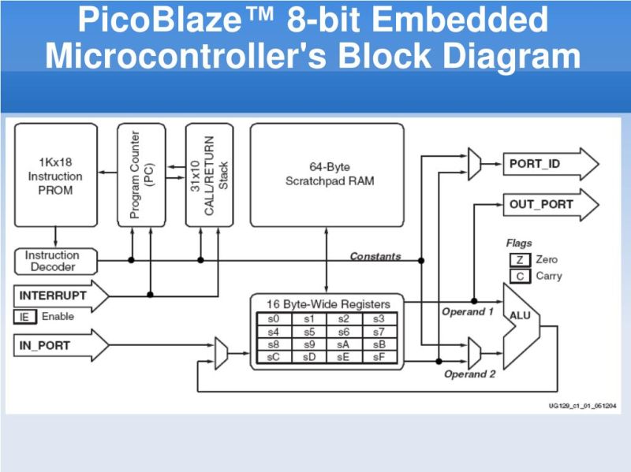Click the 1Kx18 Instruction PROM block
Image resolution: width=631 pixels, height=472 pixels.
click(55, 175)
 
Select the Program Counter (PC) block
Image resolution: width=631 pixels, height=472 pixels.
click(141, 175)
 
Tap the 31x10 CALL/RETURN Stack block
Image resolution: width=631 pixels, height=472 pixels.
click(209, 175)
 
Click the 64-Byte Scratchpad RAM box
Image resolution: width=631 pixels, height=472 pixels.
click(327, 175)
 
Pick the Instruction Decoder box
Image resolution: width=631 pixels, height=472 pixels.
click(53, 261)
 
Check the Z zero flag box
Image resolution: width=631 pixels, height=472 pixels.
click(519, 260)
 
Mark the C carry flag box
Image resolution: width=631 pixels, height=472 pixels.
click(519, 276)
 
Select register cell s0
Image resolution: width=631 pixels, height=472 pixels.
click(274, 319)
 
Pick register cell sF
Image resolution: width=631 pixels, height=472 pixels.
click(379, 356)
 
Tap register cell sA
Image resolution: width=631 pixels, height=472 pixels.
click(344, 344)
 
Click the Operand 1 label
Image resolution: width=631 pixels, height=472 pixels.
click(467, 312)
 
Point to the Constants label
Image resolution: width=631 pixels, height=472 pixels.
click(375, 256)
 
